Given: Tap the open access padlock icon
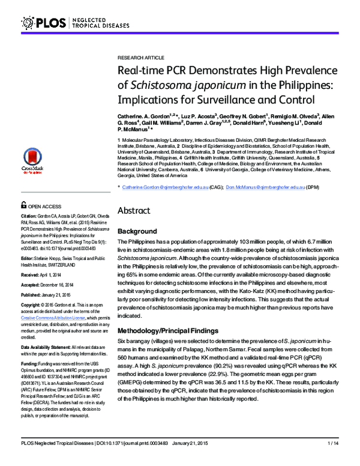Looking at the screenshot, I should tap(24, 204).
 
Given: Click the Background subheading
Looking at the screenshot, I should tap(138, 231).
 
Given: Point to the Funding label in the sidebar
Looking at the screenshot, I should tap(31, 364).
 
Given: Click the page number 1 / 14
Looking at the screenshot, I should tap(334, 459).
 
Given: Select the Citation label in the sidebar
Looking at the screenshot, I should tap(32, 214).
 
